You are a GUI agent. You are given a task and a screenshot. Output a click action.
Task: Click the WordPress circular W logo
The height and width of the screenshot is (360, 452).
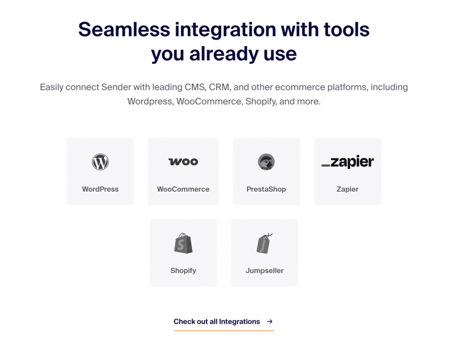click(x=100, y=162)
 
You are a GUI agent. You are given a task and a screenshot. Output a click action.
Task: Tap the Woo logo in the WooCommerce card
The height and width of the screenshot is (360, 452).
click(x=183, y=162)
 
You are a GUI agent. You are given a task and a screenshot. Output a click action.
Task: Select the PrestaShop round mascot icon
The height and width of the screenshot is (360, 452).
click(x=266, y=162)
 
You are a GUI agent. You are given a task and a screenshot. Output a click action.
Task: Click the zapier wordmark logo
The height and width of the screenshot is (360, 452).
click(x=348, y=162)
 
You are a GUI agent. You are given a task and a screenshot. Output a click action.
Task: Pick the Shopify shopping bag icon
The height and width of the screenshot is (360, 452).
click(x=183, y=243)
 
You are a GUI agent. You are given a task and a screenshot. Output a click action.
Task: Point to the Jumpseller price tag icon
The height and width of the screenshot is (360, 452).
click(x=264, y=243)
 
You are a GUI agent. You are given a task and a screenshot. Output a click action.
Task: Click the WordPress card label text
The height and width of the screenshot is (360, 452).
click(x=100, y=189)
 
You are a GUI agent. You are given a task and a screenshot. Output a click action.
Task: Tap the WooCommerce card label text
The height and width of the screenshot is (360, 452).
click(x=183, y=189)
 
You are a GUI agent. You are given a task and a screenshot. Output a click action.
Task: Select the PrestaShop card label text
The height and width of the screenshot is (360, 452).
click(x=266, y=189)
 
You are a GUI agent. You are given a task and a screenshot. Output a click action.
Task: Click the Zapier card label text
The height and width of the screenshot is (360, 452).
click(x=348, y=189)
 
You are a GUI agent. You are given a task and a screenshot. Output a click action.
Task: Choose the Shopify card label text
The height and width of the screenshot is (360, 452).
click(x=183, y=271)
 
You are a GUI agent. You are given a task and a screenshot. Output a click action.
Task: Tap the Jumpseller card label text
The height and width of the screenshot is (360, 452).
click(x=265, y=271)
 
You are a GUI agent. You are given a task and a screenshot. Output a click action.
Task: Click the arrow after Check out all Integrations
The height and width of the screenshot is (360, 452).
click(x=270, y=321)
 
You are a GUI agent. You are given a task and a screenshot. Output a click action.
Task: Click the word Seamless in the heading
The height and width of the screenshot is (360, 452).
click(x=124, y=30)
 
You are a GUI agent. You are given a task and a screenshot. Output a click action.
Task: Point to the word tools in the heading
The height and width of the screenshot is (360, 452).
click(x=347, y=30)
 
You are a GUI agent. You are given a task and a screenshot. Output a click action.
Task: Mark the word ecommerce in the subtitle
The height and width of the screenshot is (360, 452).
click(x=300, y=87)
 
